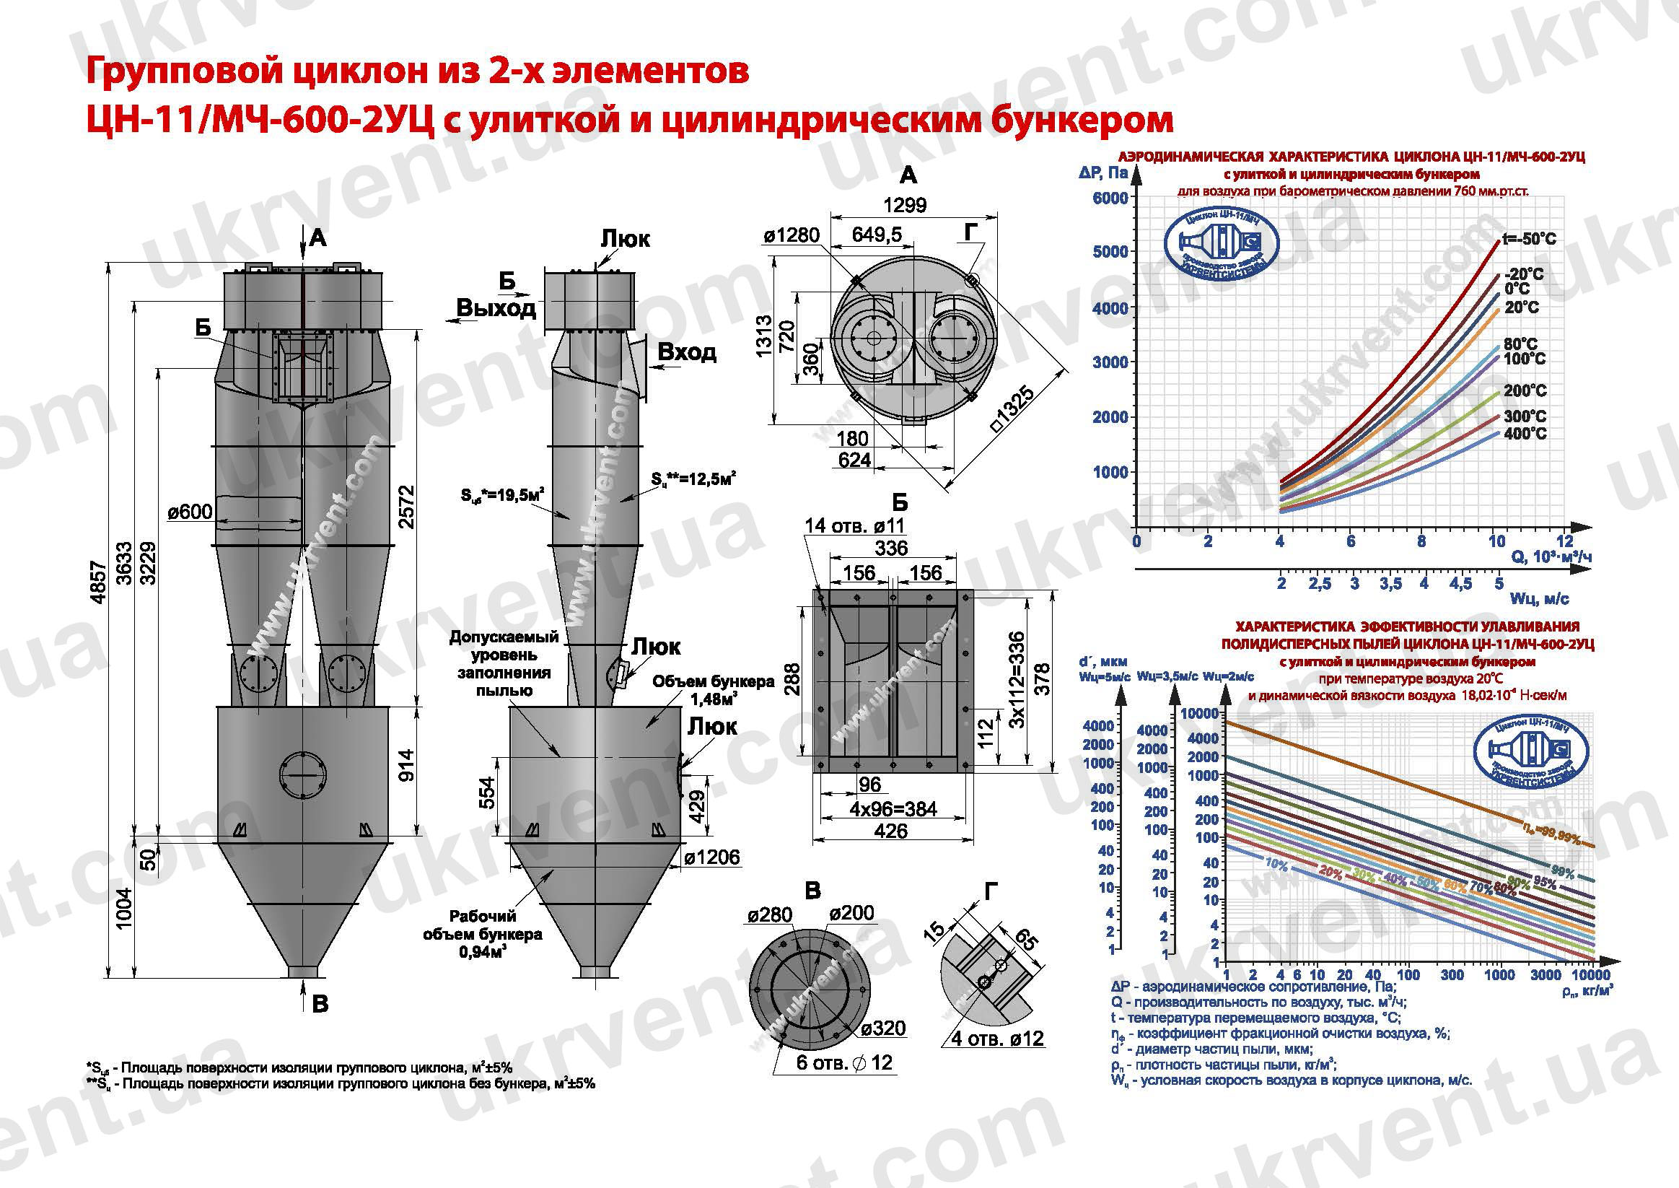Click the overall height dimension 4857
[100, 582]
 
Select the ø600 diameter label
[190, 511]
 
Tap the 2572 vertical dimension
[408, 506]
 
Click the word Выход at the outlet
[496, 308]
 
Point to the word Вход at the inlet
[687, 353]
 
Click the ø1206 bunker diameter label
[712, 857]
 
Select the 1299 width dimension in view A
[905, 206]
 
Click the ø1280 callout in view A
[792, 235]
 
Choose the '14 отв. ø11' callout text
[854, 525]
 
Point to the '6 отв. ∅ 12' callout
[844, 1062]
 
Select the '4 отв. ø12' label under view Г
[996, 1039]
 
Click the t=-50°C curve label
[1528, 239]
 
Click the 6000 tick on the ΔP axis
[1110, 198]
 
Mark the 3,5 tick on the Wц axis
[1390, 584]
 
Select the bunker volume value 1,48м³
[713, 699]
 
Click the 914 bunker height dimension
[408, 766]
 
